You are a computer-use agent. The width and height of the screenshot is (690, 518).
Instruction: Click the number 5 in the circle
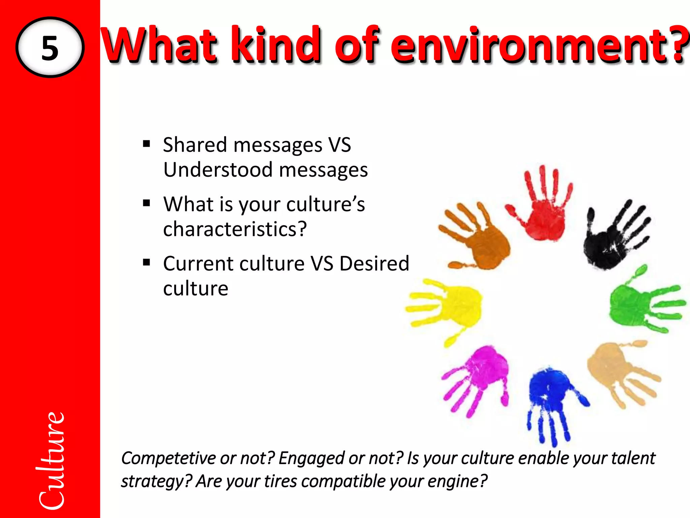[x=50, y=48]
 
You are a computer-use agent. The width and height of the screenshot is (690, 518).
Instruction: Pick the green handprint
[x=633, y=304]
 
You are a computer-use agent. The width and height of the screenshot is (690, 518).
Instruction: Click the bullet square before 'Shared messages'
[x=146, y=144]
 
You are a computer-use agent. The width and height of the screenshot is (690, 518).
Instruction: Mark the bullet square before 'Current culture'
[x=146, y=262]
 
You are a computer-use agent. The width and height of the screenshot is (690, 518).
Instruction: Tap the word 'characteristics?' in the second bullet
[x=235, y=229]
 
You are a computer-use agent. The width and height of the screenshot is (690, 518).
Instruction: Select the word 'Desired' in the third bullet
[x=374, y=263]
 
